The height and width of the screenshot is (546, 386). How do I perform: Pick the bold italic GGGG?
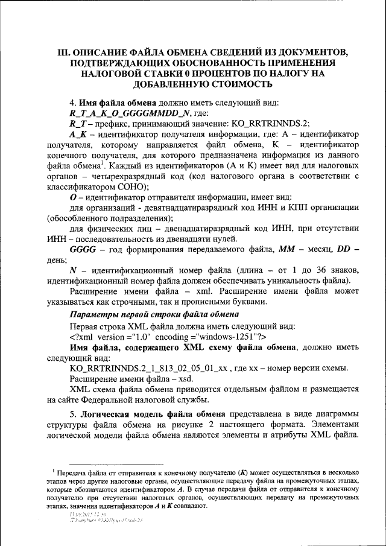point(83,249)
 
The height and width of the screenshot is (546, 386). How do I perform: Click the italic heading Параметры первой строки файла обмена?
point(154,314)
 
